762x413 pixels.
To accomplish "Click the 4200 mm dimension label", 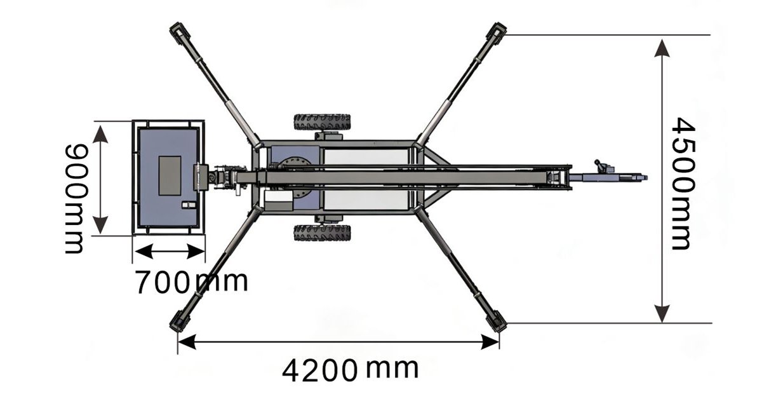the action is click(x=350, y=370).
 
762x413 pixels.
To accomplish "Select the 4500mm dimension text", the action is click(x=683, y=184).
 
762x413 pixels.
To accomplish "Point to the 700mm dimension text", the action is click(x=192, y=281).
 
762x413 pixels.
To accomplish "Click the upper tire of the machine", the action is click(x=322, y=122).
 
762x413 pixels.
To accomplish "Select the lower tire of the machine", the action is click(x=322, y=233).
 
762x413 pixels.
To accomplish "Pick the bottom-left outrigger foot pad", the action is click(x=179, y=321).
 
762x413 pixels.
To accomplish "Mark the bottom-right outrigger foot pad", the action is click(x=497, y=321).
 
